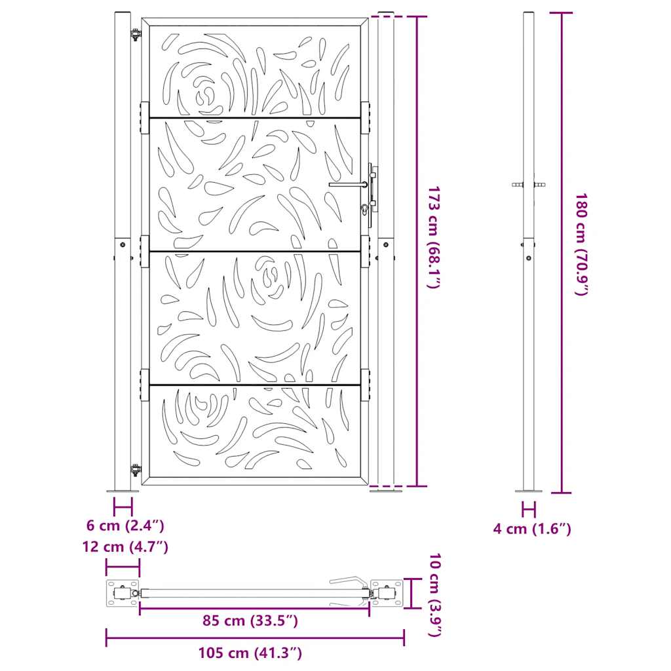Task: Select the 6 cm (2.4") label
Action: pos(125,526)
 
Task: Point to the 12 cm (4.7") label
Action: pos(126,547)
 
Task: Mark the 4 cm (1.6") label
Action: pos(532,529)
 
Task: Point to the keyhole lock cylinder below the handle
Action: pos(364,210)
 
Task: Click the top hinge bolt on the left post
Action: pos(136,35)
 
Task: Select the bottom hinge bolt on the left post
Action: pos(136,469)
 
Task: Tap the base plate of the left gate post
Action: pos(123,489)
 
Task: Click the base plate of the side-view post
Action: pos(528,489)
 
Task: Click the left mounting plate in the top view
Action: pos(123,594)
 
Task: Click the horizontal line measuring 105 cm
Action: pos(255,638)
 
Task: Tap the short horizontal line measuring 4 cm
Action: pos(529,509)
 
